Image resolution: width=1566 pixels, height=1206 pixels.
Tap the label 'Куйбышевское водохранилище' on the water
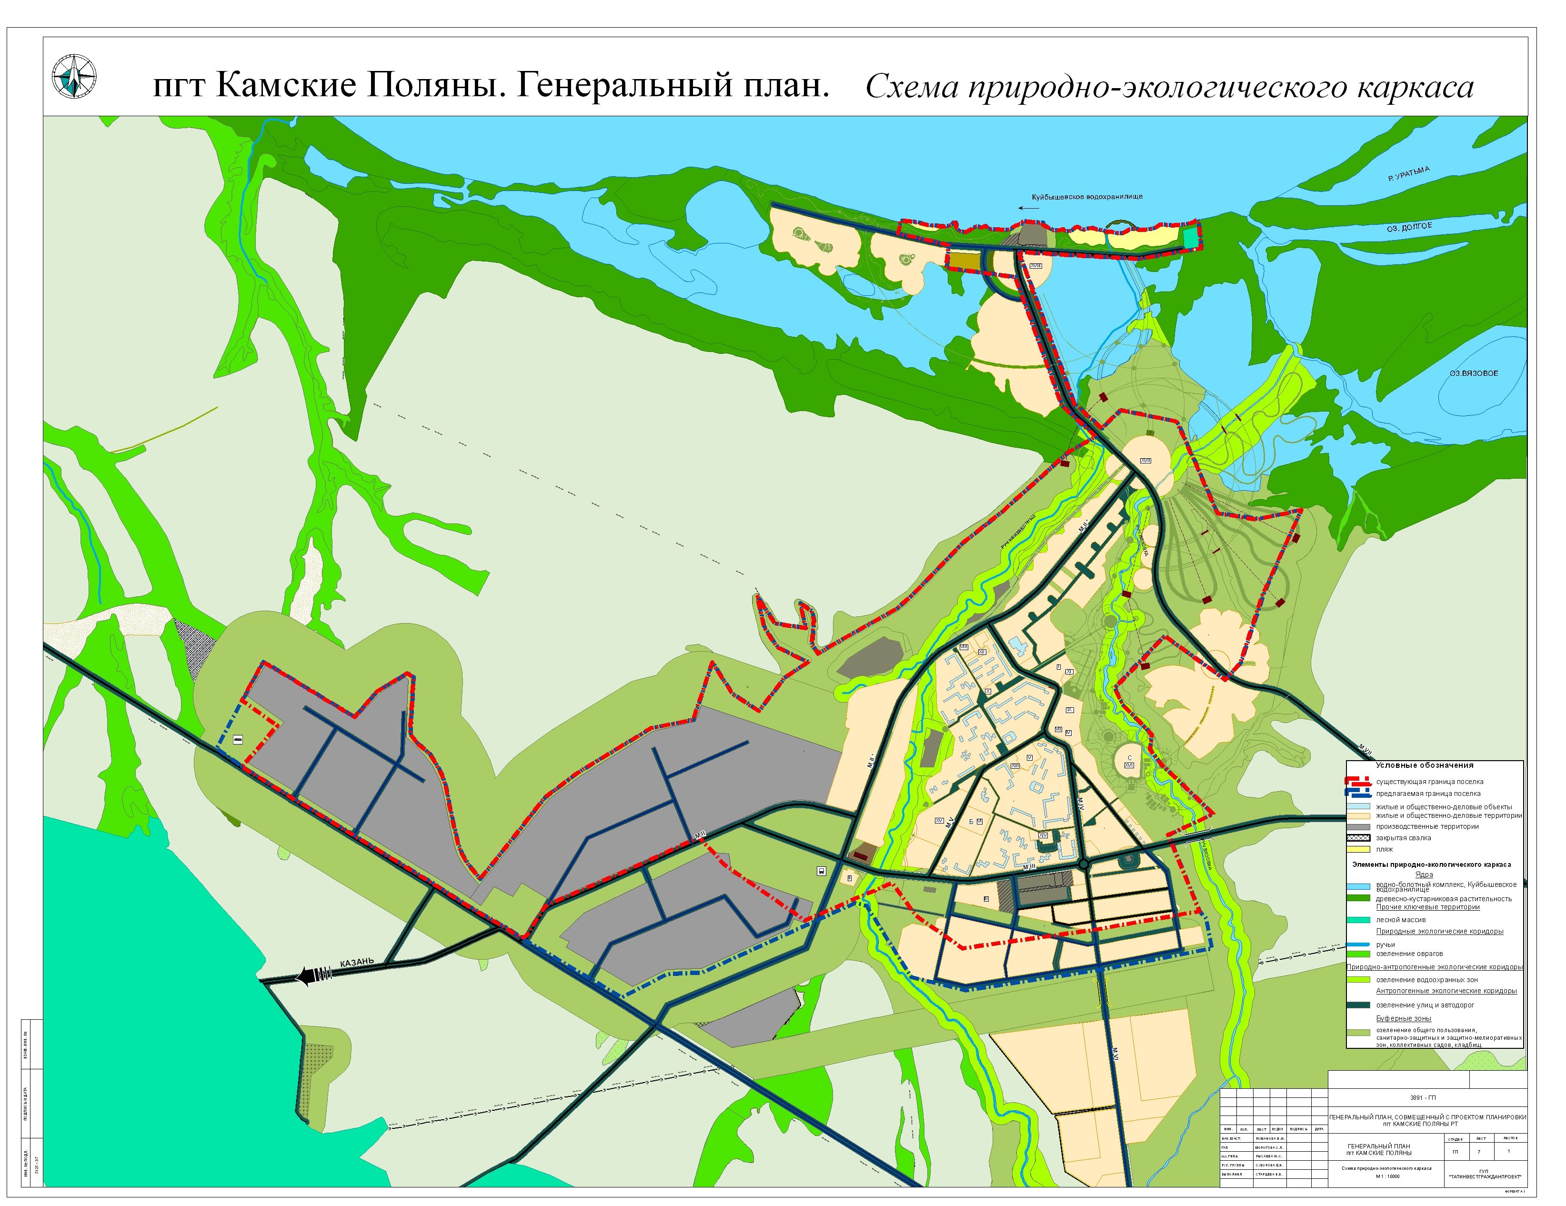point(1087,196)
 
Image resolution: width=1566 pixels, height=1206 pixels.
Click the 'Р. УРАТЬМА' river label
point(1409,173)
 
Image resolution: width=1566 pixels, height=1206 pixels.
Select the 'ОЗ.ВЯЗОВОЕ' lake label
point(1474,373)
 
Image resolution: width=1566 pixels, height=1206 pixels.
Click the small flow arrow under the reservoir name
point(1028,209)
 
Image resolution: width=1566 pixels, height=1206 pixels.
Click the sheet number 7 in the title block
point(1478,1152)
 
